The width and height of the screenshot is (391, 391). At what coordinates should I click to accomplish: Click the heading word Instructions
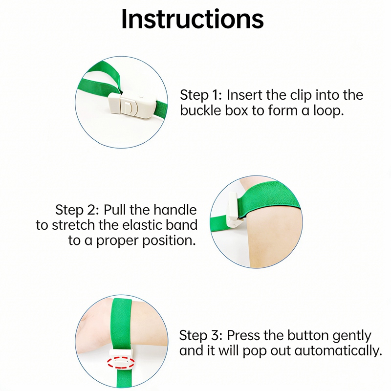click(x=192, y=19)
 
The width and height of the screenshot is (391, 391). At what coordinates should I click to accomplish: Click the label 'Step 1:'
click(x=201, y=95)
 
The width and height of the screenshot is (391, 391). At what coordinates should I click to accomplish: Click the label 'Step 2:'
click(x=77, y=210)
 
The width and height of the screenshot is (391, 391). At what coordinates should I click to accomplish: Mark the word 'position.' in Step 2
click(x=169, y=241)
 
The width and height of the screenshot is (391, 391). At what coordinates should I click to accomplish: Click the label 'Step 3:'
click(x=200, y=335)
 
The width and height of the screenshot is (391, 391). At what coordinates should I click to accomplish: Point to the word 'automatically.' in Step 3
click(x=338, y=351)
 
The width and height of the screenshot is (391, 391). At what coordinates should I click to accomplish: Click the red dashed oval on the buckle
click(x=121, y=362)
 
